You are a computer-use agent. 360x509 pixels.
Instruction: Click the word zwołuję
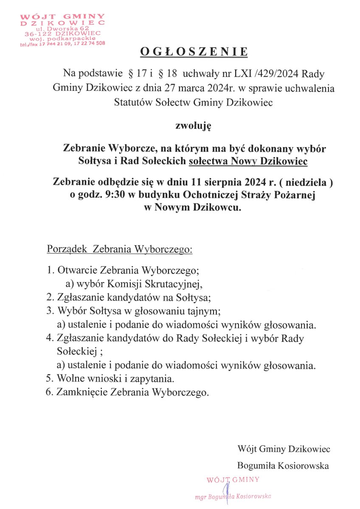[194, 125]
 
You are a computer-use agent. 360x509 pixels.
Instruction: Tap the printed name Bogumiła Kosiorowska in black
[283, 465]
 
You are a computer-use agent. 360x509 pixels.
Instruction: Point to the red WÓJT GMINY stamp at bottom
[232, 479]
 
